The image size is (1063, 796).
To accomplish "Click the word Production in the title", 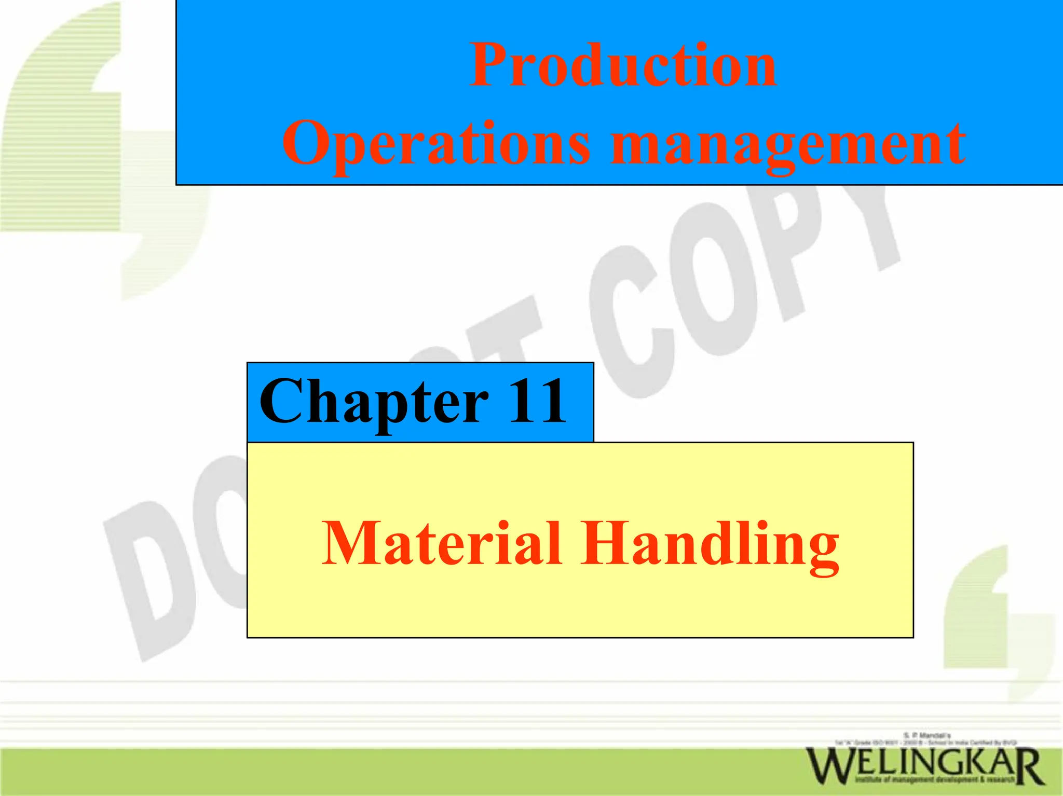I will coord(623,66).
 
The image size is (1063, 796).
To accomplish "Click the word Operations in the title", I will coord(436,143).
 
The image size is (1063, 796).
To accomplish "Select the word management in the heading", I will coord(788,145).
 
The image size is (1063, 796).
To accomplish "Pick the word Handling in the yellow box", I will coord(710,545).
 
